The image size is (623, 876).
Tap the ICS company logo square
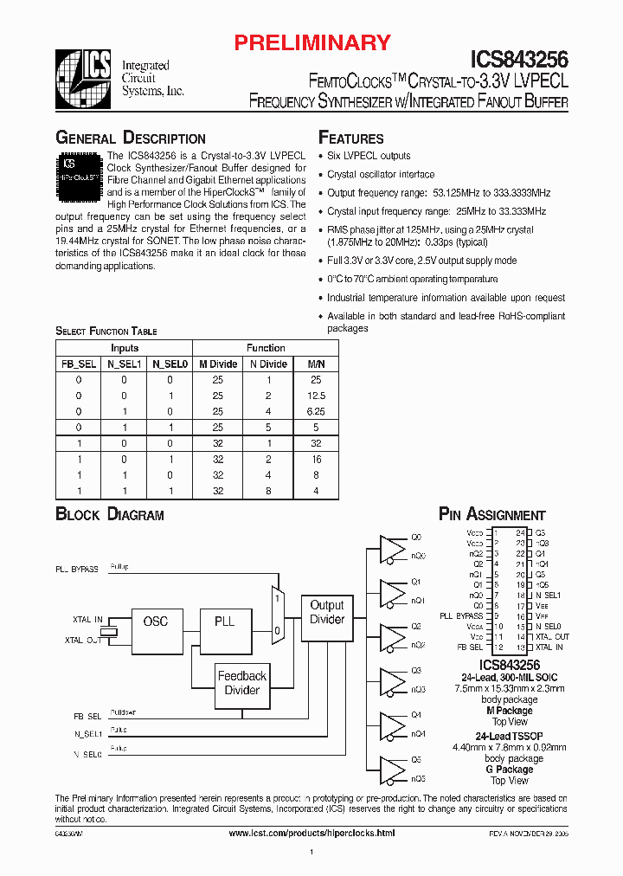pyautogui.click(x=83, y=75)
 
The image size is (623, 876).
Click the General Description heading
pyautogui.click(x=131, y=138)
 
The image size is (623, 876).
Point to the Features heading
pyautogui.click(x=351, y=138)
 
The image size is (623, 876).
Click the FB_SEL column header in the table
pyautogui.click(x=79, y=364)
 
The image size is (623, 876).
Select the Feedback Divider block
pyautogui.click(x=241, y=684)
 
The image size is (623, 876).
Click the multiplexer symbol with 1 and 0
pyautogui.click(x=277, y=613)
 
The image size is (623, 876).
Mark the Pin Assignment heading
pyautogui.click(x=492, y=515)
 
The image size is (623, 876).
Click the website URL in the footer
pyautogui.click(x=311, y=833)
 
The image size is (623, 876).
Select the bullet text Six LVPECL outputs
pyautogui.click(x=369, y=156)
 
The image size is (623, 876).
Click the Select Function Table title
pyautogui.click(x=106, y=332)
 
